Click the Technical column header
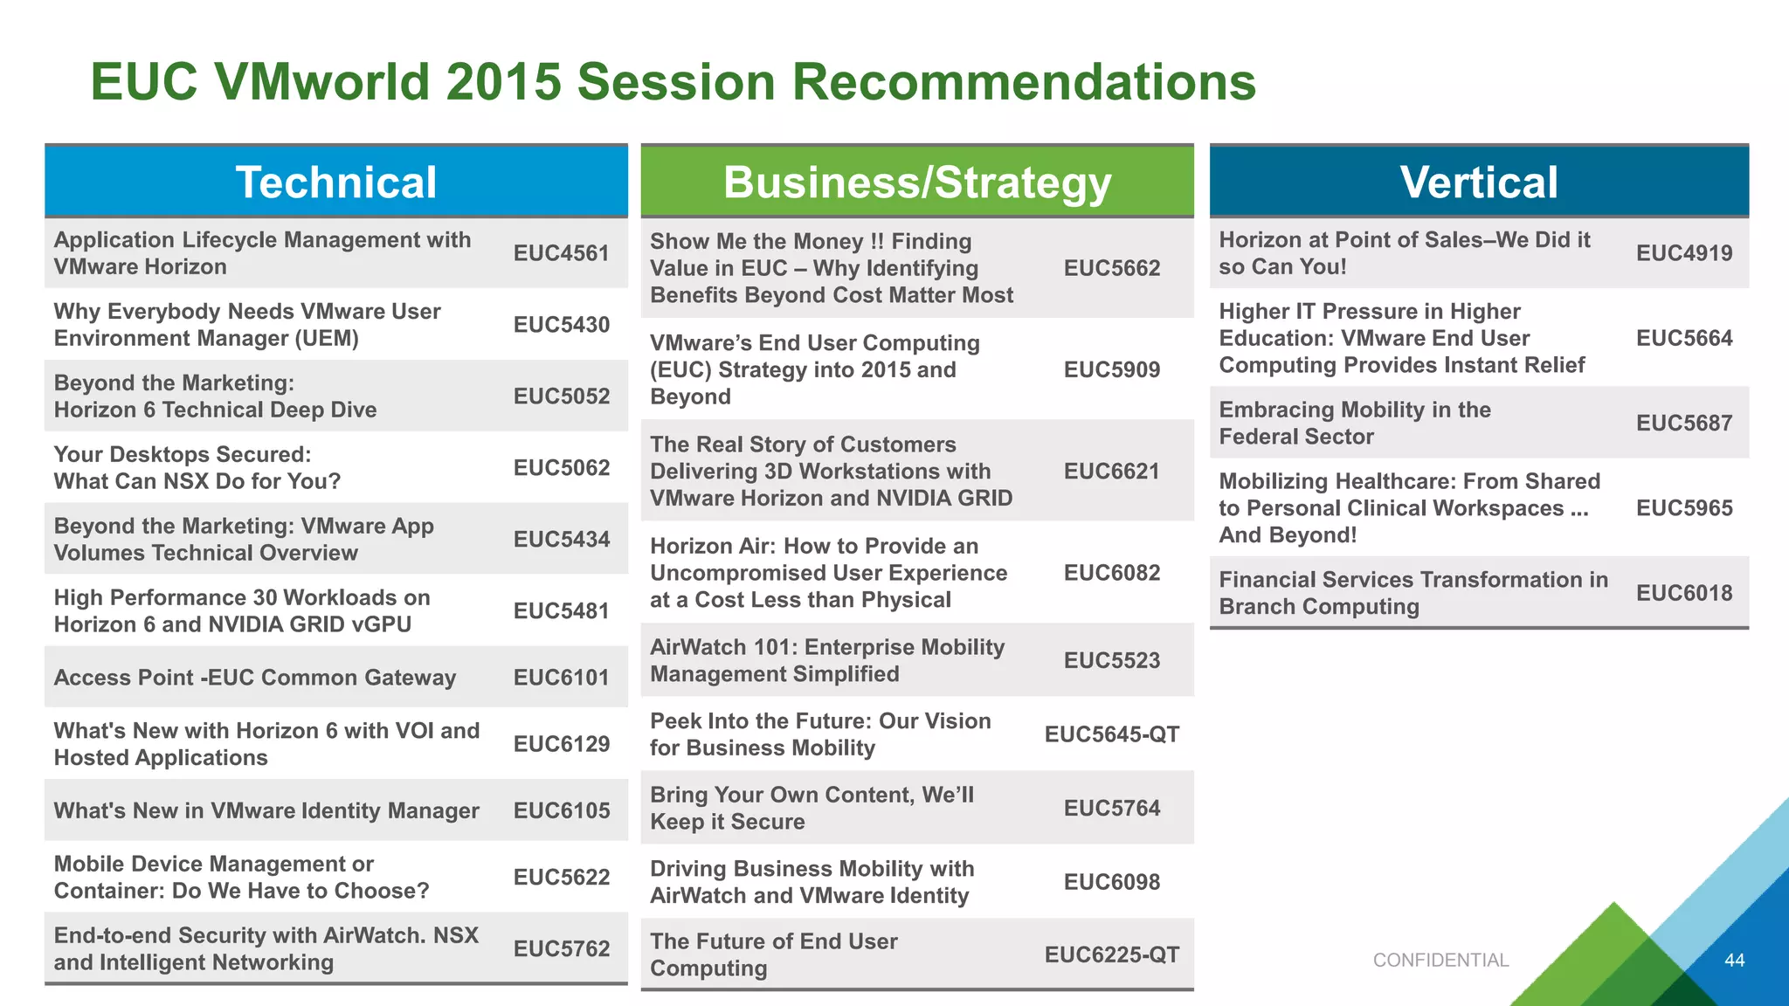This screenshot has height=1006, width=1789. click(336, 183)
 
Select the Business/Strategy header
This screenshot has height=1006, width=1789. click(916, 183)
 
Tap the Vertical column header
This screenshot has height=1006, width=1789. click(1478, 183)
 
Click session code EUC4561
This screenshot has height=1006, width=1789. click(561, 253)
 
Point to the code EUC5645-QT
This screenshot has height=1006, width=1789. click(1111, 734)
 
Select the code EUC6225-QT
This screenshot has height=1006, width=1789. click(1111, 955)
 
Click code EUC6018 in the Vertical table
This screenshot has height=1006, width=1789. click(1683, 593)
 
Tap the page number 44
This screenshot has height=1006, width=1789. click(1734, 961)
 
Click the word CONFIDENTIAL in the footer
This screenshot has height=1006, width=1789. click(1440, 961)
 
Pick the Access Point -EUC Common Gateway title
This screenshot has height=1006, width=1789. click(255, 678)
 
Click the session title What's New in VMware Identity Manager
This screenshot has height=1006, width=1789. click(266, 810)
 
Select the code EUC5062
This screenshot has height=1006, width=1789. click(561, 468)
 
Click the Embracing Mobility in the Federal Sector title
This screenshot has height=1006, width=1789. click(1354, 423)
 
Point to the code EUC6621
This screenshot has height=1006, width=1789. click(1111, 472)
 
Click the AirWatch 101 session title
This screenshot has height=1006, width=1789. click(826, 660)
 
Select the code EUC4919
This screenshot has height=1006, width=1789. click(1683, 253)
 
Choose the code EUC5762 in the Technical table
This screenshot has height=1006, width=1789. click(561, 948)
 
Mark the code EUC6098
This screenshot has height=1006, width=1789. click(1111, 882)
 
